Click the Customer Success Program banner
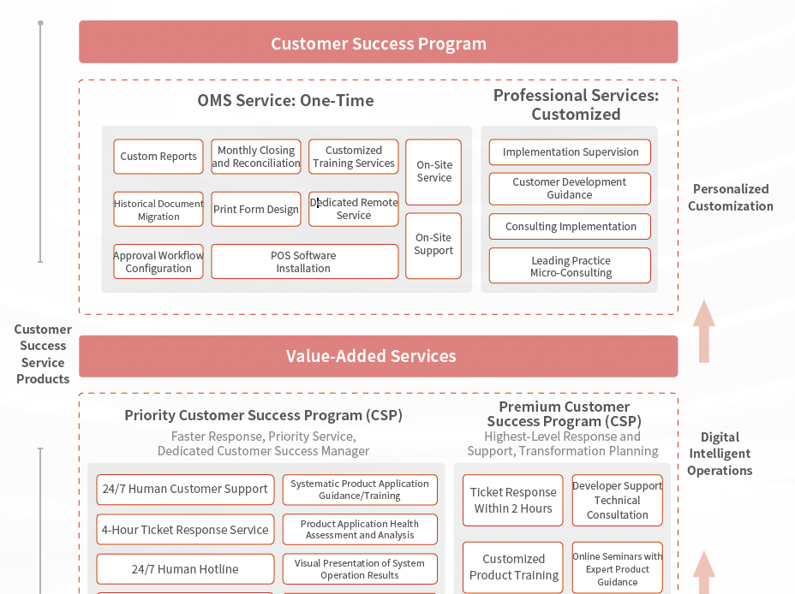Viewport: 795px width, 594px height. [378, 43]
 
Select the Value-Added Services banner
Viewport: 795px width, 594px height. [378, 356]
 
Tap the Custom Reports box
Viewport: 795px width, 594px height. [158, 157]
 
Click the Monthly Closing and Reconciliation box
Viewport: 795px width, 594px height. [255, 157]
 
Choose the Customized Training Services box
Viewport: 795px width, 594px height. [353, 157]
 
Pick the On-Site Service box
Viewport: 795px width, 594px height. [433, 172]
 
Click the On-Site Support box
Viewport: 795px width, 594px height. [433, 245]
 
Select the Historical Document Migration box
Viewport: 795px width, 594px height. [158, 210]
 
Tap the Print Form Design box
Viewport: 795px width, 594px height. [255, 210]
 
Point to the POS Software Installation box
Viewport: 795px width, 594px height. [304, 262]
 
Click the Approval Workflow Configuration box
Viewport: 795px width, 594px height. [158, 262]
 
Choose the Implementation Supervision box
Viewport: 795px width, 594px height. [570, 152]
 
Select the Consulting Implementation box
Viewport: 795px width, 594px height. [570, 227]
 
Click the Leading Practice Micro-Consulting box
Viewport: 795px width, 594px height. [570, 266]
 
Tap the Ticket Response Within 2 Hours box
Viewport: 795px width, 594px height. [513, 500]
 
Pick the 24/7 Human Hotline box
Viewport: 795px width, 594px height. [185, 569]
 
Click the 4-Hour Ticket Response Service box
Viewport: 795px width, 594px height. [185, 530]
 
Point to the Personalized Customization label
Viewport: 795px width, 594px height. [730, 198]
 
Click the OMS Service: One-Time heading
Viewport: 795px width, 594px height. [285, 101]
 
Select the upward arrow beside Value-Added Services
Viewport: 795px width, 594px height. [703, 331]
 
